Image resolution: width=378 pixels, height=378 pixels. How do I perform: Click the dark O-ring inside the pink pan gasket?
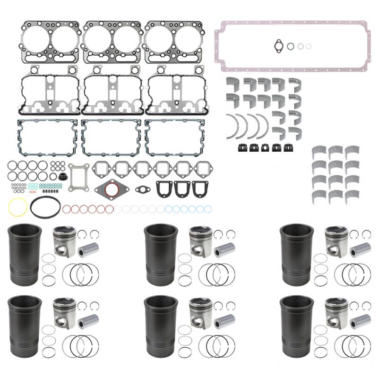pyautogui.click(x=291, y=46)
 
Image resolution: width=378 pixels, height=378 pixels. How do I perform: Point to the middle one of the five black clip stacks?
pyautogui.click(x=266, y=147)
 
